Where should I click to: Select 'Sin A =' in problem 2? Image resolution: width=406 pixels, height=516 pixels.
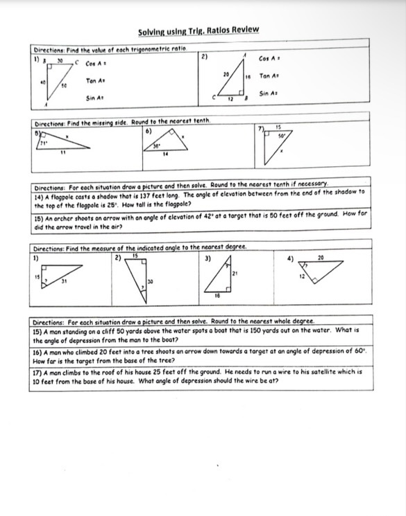269,93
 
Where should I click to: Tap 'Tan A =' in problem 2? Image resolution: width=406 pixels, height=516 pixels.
269,75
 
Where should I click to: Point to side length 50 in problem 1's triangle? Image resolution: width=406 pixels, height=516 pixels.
63,86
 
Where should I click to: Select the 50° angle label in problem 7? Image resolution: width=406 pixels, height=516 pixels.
282,136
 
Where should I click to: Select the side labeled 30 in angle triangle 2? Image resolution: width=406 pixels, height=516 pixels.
149,281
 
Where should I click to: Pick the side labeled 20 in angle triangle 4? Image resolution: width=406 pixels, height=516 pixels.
320,258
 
